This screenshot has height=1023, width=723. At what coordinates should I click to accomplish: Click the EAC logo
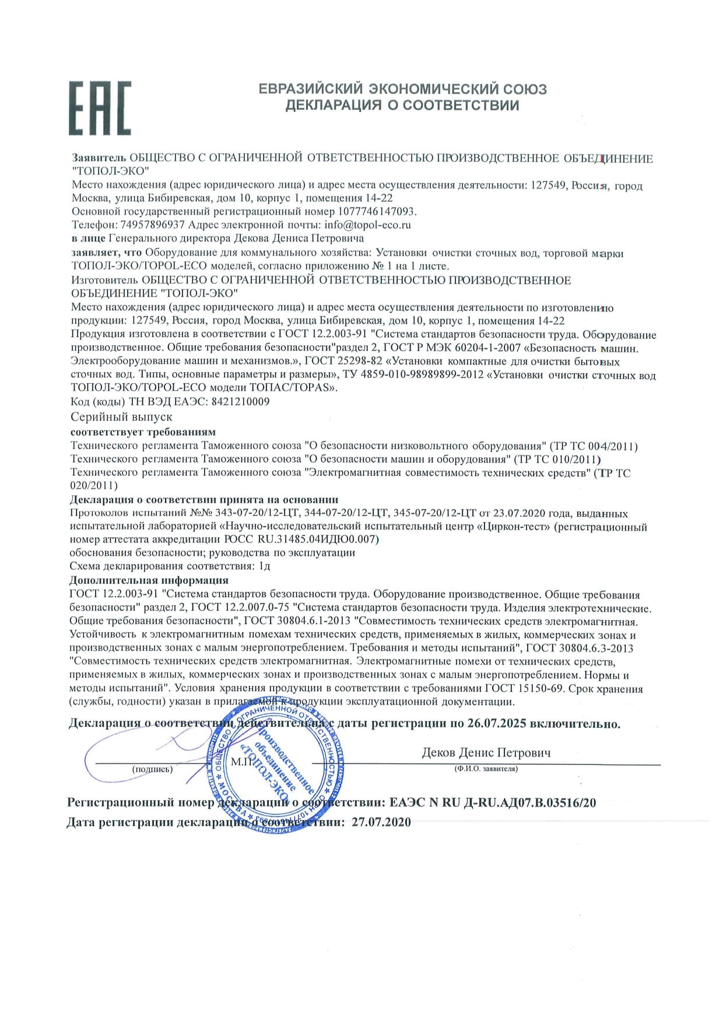pyautogui.click(x=100, y=108)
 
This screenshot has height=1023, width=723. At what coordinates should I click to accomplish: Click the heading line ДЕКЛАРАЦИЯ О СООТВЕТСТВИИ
pyautogui.click(x=402, y=106)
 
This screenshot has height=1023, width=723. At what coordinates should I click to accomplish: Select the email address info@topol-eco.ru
pyautogui.click(x=368, y=225)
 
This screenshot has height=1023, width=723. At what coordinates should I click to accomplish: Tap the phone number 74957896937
pyautogui.click(x=152, y=225)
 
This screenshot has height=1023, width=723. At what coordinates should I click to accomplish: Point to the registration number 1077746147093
pyautogui.click(x=376, y=211)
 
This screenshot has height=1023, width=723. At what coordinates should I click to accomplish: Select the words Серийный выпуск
pyautogui.click(x=121, y=417)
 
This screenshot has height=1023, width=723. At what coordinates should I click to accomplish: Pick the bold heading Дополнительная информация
pyautogui.click(x=149, y=580)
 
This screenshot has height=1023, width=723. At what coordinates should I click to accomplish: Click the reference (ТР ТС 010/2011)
pyautogui.click(x=559, y=459)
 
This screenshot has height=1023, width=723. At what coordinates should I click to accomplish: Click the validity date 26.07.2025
pyautogui.click(x=496, y=724)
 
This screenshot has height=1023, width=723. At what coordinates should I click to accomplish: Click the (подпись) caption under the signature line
pyautogui.click(x=152, y=769)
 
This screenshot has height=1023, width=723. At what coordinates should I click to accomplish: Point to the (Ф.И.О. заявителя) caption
pyautogui.click(x=486, y=769)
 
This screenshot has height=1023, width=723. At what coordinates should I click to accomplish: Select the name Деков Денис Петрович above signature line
pyautogui.click(x=486, y=753)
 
